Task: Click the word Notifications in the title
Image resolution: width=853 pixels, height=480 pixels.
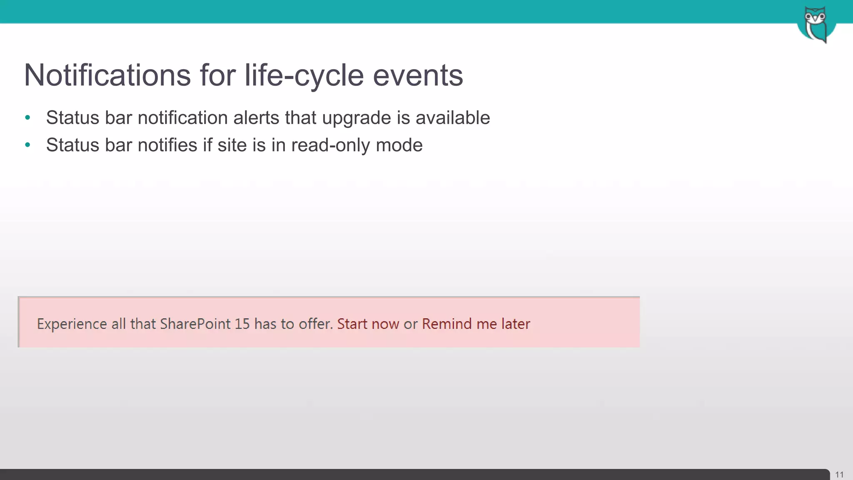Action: pos(107,75)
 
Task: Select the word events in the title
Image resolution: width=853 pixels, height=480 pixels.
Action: pos(418,75)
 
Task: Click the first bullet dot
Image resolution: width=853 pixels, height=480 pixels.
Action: pos(27,118)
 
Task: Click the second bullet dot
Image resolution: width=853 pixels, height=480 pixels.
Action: pos(27,145)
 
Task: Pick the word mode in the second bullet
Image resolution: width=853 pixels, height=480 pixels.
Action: pos(399,145)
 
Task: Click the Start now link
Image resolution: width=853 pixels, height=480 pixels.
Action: pos(368,324)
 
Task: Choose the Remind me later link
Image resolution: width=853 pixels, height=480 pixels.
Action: pos(476,324)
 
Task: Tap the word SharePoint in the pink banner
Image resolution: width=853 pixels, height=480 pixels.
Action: pos(195,324)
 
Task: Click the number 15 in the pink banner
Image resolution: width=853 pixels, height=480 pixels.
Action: pos(242,324)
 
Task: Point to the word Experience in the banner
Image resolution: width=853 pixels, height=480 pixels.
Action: pos(72,324)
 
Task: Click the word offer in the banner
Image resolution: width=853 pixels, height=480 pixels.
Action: pos(315,324)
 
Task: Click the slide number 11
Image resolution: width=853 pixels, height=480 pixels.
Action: pos(839,475)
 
